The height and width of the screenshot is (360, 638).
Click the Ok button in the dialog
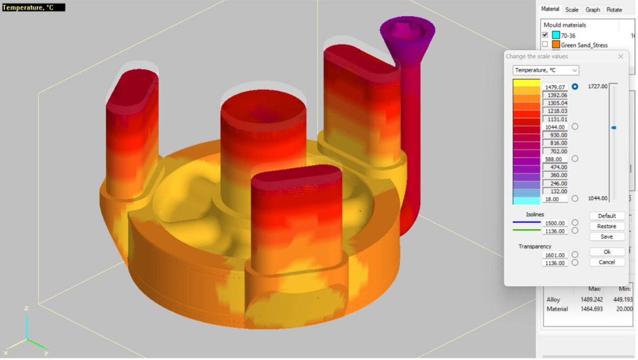[607, 252]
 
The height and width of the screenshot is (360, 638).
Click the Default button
[607, 216]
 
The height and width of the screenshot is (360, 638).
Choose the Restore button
[607, 226]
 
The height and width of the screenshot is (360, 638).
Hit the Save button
[607, 237]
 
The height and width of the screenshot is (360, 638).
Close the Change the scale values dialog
[620, 56]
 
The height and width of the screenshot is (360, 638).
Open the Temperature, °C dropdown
[545, 70]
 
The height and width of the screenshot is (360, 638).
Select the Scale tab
[572, 10]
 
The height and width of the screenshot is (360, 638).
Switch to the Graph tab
[593, 10]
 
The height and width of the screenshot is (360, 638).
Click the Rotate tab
[614, 10]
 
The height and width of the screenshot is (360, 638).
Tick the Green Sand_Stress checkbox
[545, 45]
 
